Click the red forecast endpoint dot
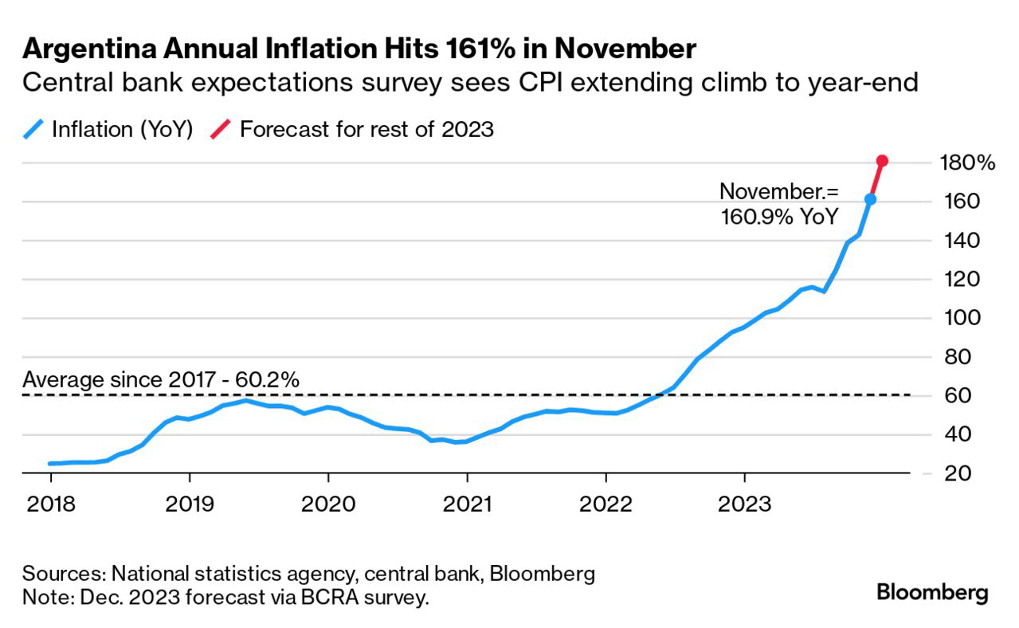click(882, 161)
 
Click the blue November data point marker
click(870, 199)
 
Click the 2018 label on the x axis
click(50, 504)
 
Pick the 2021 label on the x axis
click(467, 504)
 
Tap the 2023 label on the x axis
click(744, 504)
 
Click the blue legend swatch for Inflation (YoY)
click(33, 129)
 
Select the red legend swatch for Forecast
click(221, 129)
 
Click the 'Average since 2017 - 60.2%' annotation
click(161, 380)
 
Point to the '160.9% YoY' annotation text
click(778, 216)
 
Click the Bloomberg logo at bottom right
click(932, 593)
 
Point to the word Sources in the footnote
click(63, 574)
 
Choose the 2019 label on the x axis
click(190, 504)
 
